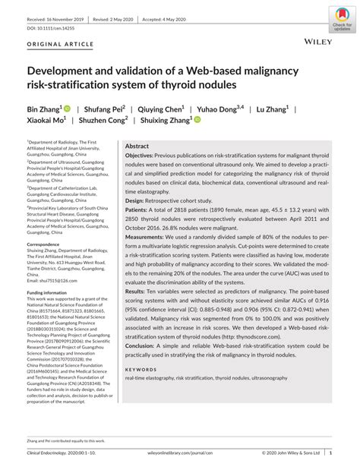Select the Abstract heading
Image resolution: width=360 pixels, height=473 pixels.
[x=137, y=145]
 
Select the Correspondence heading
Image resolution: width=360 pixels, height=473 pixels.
[x=49, y=244]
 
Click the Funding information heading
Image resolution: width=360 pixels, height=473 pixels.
[x=51, y=292]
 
